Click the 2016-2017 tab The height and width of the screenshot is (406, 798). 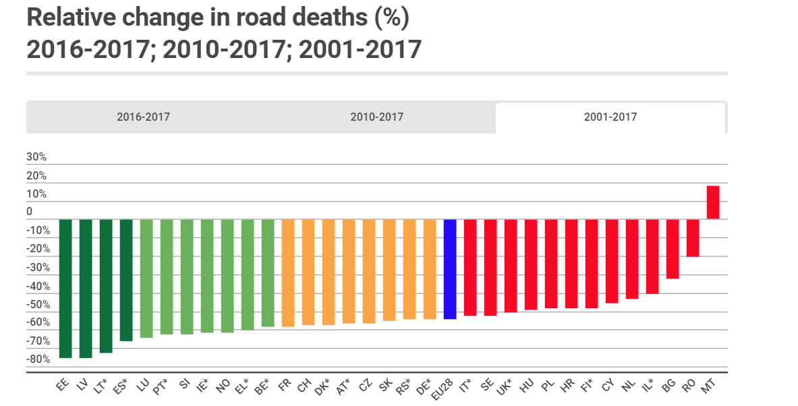[x=143, y=117]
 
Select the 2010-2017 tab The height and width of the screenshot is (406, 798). [x=376, y=117]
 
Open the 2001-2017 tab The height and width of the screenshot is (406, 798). [x=610, y=117]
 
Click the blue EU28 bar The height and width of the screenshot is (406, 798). [x=450, y=268]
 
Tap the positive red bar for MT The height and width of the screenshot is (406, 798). [x=713, y=202]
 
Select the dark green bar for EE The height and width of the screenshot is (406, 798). [x=65, y=288]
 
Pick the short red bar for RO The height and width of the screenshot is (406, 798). [x=693, y=237]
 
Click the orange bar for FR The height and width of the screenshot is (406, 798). [x=288, y=272]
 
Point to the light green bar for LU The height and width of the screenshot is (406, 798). [x=146, y=278]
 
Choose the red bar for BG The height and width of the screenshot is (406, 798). [x=673, y=248]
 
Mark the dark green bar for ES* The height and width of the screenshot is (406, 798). [x=126, y=280]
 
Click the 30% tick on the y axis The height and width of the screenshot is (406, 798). [x=36, y=157]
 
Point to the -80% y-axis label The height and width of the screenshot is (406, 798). [x=38, y=359]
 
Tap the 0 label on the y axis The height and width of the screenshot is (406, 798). [x=30, y=212]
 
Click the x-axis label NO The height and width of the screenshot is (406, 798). [x=223, y=386]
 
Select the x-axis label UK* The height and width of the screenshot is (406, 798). [x=507, y=387]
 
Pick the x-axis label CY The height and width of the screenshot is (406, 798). [x=608, y=386]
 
